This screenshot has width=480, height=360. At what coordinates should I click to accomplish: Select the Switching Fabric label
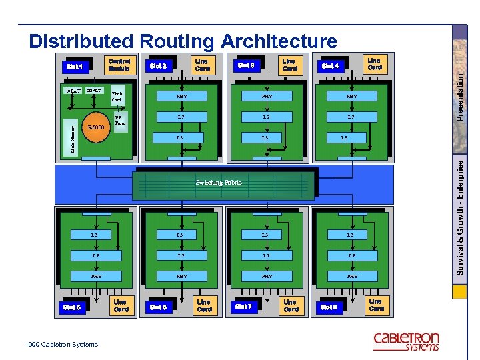click(219, 182)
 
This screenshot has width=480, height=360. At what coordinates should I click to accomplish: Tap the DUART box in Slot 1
click(94, 91)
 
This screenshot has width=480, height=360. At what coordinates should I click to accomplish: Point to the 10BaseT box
click(73, 91)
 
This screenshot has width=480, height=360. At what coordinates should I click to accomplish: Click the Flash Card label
click(117, 97)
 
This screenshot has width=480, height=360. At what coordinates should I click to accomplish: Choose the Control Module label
click(119, 65)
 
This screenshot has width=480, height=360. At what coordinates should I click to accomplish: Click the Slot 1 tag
click(75, 66)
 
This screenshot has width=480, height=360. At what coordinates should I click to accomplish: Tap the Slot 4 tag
click(331, 66)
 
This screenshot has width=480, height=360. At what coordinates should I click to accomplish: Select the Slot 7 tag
click(244, 307)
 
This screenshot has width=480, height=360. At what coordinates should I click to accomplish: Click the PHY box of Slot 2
click(181, 97)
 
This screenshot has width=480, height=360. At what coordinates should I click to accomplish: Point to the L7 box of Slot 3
click(267, 117)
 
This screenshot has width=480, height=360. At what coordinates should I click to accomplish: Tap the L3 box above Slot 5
click(95, 235)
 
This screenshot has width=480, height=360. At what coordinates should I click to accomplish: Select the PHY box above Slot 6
click(181, 276)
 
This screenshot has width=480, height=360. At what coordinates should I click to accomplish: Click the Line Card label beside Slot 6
click(204, 305)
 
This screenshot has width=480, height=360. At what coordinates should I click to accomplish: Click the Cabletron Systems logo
click(406, 340)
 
